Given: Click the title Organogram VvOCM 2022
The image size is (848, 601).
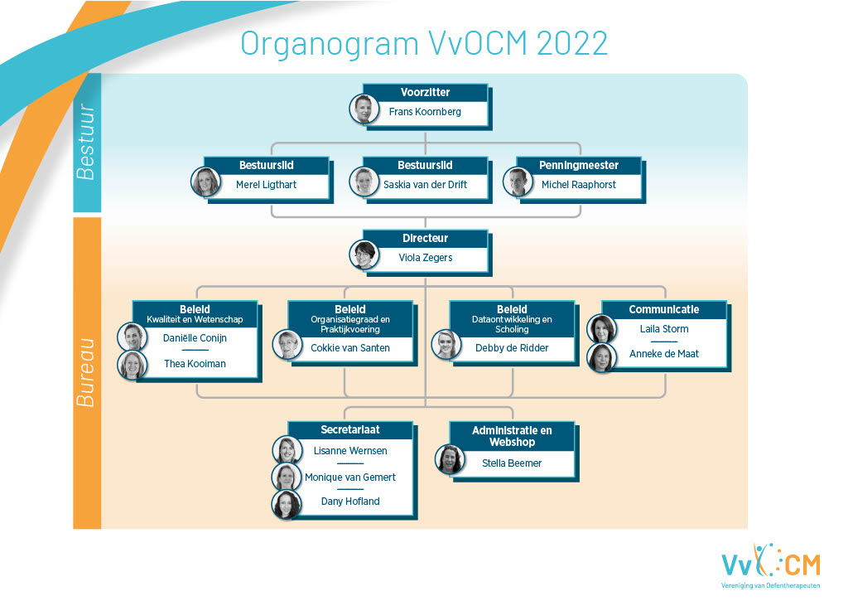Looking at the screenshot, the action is [x=424, y=44].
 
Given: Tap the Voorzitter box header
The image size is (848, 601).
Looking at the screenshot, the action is [x=425, y=93].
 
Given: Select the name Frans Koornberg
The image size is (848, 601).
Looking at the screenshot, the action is [x=425, y=112].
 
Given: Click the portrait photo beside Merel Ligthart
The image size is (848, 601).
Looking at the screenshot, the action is [x=206, y=182].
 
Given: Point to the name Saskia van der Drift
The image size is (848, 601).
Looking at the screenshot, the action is [x=425, y=185].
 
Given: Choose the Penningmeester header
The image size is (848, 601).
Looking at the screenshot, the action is [x=579, y=166].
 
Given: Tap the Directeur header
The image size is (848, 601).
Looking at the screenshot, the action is [x=425, y=238].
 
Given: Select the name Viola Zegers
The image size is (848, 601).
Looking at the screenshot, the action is [x=426, y=258].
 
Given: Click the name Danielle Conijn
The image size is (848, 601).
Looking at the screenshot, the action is [x=195, y=338].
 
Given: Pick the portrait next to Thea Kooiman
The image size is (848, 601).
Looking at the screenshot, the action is [x=132, y=365].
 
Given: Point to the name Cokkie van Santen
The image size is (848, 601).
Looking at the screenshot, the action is [x=350, y=348].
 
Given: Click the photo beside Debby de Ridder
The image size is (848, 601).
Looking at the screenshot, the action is [x=446, y=344].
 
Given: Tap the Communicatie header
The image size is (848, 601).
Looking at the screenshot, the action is [x=664, y=310].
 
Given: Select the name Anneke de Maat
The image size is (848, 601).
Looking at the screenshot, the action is [x=664, y=354].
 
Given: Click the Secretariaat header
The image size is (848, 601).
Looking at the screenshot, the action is [x=350, y=430].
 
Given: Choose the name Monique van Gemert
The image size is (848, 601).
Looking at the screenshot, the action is [x=350, y=477].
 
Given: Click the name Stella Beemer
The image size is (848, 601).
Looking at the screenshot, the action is [x=512, y=463].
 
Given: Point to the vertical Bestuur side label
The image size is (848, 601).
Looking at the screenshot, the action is [x=86, y=142].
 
